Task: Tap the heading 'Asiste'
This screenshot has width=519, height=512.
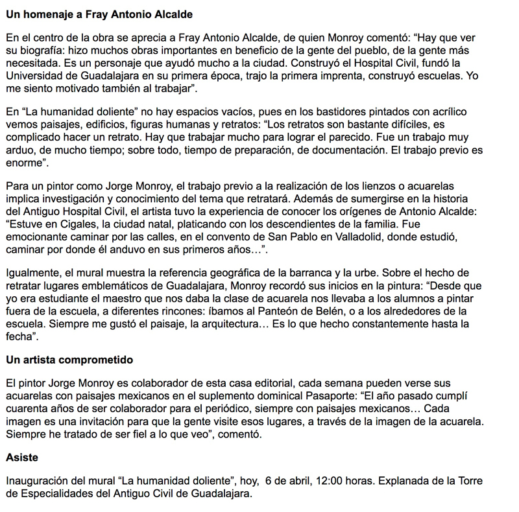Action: tap(21, 458)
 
